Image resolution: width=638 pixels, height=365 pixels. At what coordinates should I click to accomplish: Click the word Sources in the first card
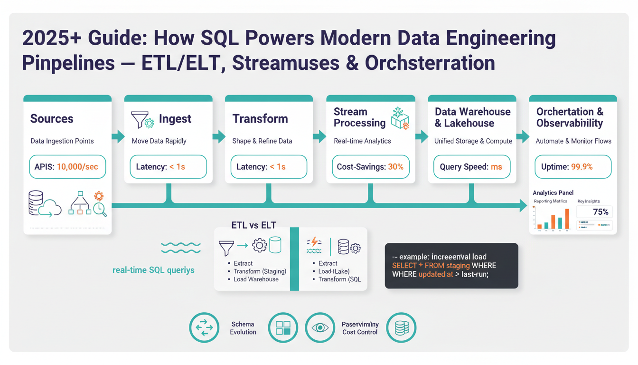pos(52,118)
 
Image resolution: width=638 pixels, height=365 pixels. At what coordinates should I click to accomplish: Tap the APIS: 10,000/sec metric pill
pos(67,167)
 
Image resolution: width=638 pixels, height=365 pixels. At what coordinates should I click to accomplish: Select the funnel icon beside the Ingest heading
pos(139,120)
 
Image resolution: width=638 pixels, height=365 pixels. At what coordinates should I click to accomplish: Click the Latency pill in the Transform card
pos(269,167)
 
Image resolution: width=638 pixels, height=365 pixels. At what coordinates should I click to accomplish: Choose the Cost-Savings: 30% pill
pos(370,167)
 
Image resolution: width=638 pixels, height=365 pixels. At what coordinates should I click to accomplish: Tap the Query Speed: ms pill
pos(471,167)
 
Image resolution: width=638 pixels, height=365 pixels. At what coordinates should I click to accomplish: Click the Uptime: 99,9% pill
pos(573,167)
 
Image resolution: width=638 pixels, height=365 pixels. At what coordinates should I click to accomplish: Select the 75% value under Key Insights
pos(600,212)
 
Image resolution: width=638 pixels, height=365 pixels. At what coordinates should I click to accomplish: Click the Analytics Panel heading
pos(553,192)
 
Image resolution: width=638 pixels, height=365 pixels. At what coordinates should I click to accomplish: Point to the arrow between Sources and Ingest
pos(118,137)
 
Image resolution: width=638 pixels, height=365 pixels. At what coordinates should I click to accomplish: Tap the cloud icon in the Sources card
pos(50,208)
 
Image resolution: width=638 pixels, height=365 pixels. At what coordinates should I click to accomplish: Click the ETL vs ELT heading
pos(253,225)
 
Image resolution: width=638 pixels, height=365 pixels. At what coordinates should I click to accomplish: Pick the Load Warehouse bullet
pos(256,279)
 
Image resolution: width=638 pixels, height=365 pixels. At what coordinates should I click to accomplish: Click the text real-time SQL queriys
pos(153,270)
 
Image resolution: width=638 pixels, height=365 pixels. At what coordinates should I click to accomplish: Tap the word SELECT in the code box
pos(403,266)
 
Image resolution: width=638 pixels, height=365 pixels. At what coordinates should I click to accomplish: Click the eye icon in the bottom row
pos(320,327)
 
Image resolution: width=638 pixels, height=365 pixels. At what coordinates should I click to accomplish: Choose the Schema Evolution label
pos(243,328)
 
